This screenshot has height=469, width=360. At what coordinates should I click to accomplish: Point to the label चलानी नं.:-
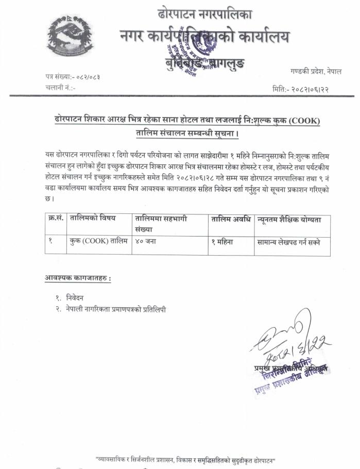coord(61,88)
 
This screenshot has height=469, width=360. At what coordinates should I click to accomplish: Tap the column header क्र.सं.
coord(56,219)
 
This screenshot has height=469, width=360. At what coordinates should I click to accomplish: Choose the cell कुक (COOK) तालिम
coord(98,242)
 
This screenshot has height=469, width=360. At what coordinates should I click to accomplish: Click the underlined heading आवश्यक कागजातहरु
coord(78,279)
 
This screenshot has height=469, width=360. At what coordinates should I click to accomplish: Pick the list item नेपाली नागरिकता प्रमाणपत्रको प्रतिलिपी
coord(116,309)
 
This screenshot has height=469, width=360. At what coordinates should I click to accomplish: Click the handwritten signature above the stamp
coord(288,335)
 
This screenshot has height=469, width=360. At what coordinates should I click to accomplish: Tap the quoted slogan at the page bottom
coord(185,459)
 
